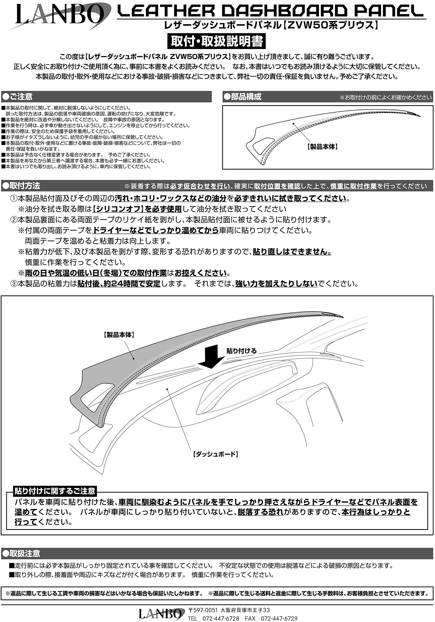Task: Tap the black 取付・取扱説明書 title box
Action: [217, 41]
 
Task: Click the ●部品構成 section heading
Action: [243, 97]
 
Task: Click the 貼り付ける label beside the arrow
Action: [241, 351]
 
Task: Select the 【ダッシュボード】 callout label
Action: [215, 454]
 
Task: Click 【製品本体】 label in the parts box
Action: [322, 147]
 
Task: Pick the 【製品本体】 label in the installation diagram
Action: [119, 335]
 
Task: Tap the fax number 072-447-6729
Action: [279, 619]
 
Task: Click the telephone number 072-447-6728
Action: [221, 619]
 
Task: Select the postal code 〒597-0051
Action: [203, 610]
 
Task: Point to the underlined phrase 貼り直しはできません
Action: [292, 252]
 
